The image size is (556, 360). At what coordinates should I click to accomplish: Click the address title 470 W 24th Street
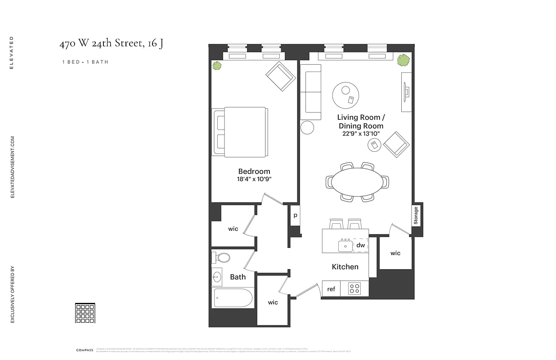[x=111, y=44]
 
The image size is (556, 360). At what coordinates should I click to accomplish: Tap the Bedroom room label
[x=254, y=171]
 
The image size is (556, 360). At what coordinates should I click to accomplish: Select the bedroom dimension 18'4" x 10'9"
[x=254, y=179]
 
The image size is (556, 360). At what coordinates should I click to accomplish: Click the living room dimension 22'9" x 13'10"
[x=361, y=134]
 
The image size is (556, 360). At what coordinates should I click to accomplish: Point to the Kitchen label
[x=345, y=267]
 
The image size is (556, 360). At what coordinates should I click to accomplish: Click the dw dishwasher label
[x=360, y=245]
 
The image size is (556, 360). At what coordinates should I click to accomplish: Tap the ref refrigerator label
[x=331, y=289]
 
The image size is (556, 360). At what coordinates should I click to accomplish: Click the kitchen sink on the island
[x=345, y=246]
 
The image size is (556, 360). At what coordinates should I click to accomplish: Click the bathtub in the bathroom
[x=233, y=298]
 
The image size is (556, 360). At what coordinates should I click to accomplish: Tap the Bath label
[x=238, y=277]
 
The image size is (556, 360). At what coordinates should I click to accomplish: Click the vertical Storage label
[x=416, y=216]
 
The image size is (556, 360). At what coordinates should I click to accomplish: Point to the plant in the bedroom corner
[x=217, y=66]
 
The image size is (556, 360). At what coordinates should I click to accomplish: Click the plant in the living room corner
[x=403, y=59]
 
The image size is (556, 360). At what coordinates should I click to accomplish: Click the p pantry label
[x=295, y=216]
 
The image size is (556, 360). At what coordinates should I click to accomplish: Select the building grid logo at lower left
[x=85, y=313]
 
